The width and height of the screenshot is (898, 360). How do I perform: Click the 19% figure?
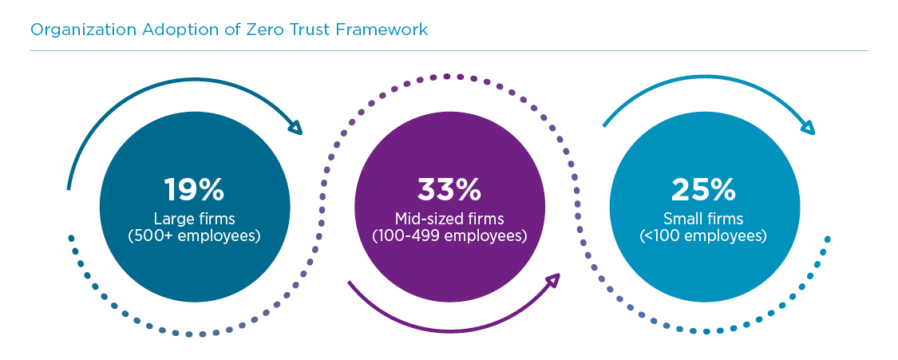coord(194,189)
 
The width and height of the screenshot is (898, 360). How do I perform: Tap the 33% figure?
coord(449,189)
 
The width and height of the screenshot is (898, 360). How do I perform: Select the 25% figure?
coord(703,189)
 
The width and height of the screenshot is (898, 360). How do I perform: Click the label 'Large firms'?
coord(194,219)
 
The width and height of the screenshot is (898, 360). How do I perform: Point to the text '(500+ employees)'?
coord(194,235)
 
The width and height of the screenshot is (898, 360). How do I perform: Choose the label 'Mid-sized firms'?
coord(449,219)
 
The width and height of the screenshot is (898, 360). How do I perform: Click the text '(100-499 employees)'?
coord(449,235)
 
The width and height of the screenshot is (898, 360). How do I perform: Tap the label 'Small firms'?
coord(703,219)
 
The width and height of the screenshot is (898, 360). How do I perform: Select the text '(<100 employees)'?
coord(703,235)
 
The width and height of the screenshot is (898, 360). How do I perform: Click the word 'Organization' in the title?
coord(77,30)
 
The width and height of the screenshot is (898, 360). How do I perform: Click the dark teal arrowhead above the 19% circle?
coord(295,126)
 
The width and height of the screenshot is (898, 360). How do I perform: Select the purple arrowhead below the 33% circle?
coord(552,280)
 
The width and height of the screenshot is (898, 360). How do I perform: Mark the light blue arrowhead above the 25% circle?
coord(807,127)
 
